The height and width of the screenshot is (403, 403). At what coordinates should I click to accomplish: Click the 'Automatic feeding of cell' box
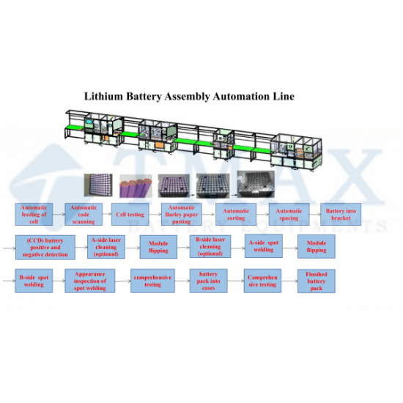[x=34, y=215]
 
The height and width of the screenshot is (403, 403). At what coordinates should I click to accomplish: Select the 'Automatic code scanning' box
[x=84, y=215]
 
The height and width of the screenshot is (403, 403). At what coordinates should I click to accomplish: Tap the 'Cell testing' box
[x=130, y=215]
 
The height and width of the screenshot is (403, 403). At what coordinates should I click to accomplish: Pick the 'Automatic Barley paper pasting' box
[x=182, y=215]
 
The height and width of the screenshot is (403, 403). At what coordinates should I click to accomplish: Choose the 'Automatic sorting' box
[x=236, y=215]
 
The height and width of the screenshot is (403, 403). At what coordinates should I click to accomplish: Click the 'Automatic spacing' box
[x=289, y=215]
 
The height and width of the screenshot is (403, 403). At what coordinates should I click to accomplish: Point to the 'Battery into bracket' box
[x=341, y=215]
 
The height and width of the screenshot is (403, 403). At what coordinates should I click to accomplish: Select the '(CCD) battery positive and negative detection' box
[x=45, y=247]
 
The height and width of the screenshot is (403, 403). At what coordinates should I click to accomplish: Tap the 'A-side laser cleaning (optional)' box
[x=106, y=247]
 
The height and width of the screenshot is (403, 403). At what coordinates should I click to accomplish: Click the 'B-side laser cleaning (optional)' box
[x=210, y=246]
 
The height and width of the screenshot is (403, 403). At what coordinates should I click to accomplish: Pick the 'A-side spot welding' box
[x=264, y=246]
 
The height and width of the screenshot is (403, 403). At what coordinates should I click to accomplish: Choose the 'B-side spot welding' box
[x=34, y=281]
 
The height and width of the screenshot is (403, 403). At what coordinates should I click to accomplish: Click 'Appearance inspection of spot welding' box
[x=90, y=281]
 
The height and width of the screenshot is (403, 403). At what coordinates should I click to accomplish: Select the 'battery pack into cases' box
[x=208, y=281]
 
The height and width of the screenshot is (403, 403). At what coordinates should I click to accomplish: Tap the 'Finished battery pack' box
[x=317, y=281]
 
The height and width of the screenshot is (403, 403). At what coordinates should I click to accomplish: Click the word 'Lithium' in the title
[x=103, y=97]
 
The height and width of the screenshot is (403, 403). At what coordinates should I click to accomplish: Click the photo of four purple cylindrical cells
[x=136, y=186]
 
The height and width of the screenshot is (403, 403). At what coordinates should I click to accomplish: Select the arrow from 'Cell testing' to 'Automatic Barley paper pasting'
[x=155, y=215]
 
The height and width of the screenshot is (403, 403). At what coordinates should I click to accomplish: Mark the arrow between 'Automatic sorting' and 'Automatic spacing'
[x=262, y=215]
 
